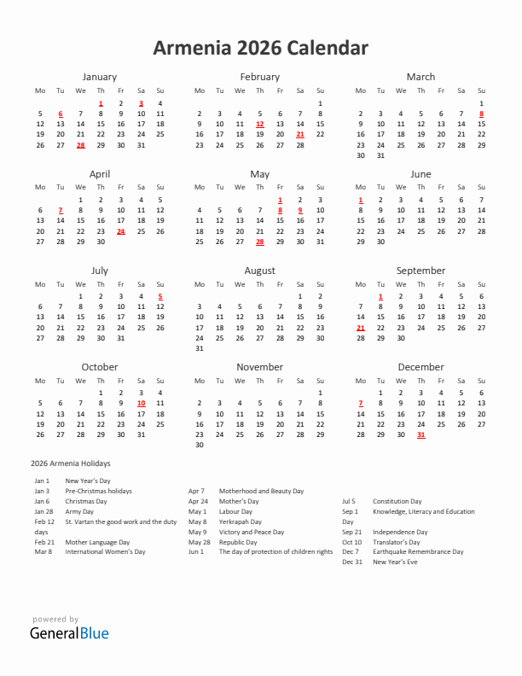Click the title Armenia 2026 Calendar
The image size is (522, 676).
tap(260, 48)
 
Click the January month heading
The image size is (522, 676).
tap(100, 77)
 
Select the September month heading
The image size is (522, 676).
tap(420, 271)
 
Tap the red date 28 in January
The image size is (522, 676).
tap(80, 145)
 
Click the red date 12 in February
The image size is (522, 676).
tap(260, 124)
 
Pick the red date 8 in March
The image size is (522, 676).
tap(481, 114)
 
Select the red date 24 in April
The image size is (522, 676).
tap(120, 231)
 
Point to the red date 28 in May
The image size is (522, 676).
tap(260, 242)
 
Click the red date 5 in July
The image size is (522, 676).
tap(160, 297)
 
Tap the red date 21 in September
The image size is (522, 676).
tap(360, 328)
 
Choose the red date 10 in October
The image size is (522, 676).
tap(141, 404)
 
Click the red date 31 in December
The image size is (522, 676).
tap(420, 434)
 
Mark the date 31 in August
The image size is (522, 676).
tap(200, 348)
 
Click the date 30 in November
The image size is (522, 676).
tap(200, 445)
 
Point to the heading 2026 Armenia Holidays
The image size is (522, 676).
tap(70, 463)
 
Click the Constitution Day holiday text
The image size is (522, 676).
tap(397, 501)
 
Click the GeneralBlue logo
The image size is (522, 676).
tap(69, 633)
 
